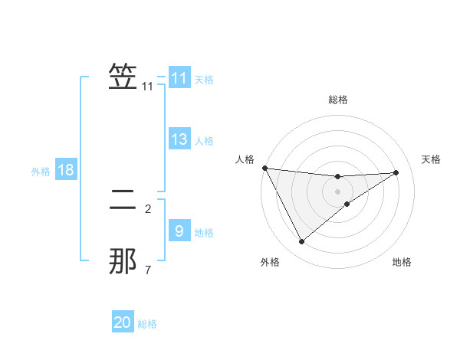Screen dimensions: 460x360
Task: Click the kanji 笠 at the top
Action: coord(123,77)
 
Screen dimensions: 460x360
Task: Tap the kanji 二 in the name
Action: coord(123,204)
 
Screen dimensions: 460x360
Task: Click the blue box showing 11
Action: coord(179,78)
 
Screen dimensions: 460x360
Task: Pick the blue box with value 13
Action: coord(179,139)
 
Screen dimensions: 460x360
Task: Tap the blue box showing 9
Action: coord(179,231)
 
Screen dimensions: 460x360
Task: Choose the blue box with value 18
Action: coord(66,170)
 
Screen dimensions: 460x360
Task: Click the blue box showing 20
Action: coord(123,322)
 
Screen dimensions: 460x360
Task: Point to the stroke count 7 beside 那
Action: coord(148,270)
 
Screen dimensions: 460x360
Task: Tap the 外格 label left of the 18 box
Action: coord(41,172)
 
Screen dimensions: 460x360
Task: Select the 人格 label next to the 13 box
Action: coord(204,141)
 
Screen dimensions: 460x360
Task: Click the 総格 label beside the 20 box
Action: coord(147,324)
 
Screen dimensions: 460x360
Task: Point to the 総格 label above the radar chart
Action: coord(337,100)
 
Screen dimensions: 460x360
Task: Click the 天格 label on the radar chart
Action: coord(432,159)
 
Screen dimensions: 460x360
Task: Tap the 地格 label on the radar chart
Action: coord(402,263)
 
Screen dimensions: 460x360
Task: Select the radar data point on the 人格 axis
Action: coord(264,168)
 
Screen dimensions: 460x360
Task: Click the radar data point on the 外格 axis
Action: coord(301,241)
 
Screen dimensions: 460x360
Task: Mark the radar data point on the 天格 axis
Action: coord(396,172)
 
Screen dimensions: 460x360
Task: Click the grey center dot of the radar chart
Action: coord(337,191)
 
